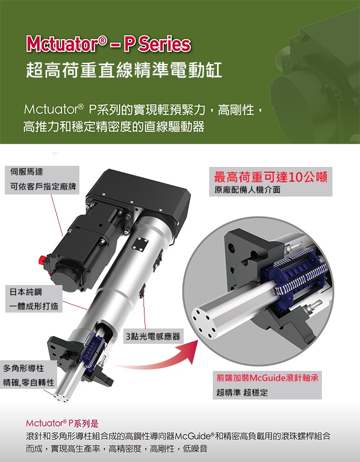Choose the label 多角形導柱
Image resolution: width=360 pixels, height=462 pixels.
(x=23, y=368)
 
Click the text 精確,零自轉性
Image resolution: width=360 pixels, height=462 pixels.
(x=29, y=382)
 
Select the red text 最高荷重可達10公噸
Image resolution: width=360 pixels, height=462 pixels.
(x=271, y=176)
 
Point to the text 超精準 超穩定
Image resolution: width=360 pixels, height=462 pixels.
(x=242, y=393)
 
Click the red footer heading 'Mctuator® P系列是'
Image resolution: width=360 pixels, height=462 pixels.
(x=62, y=423)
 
